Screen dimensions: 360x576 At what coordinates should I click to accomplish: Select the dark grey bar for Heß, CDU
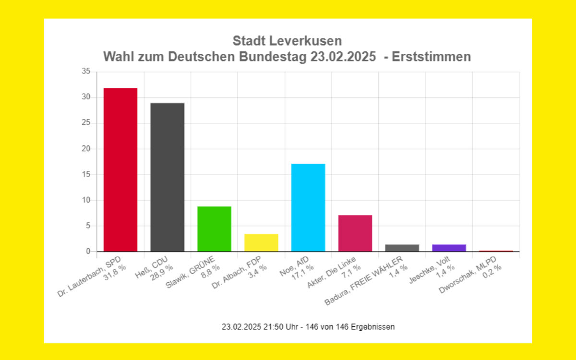(x=167, y=177)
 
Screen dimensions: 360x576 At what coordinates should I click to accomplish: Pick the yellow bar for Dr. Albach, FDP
(x=261, y=242)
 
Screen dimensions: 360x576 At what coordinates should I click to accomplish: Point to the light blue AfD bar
(x=308, y=207)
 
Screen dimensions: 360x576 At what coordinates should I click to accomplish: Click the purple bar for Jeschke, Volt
(x=449, y=248)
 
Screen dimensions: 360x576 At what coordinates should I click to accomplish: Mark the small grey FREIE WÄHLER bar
(x=402, y=248)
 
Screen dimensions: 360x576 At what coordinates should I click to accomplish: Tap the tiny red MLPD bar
(x=496, y=251)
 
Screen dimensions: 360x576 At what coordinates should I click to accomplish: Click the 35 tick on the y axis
(x=86, y=72)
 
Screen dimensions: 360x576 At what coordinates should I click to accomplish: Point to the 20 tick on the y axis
(x=86, y=149)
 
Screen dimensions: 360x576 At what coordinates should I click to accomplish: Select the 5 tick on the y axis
(x=88, y=226)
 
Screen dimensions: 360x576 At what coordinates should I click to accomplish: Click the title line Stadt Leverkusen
(x=287, y=41)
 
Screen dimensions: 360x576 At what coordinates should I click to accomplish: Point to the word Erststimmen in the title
(x=431, y=57)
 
